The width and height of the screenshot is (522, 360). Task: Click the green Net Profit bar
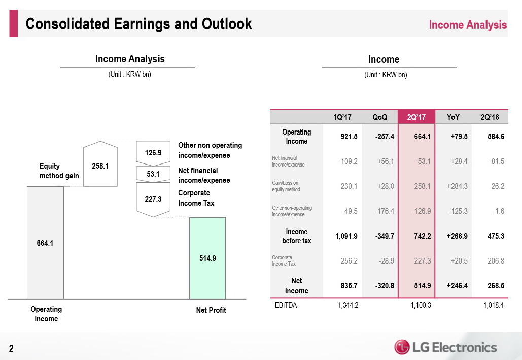click(207, 257)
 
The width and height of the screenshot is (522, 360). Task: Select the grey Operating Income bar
click(45, 243)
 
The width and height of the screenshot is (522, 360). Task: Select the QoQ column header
click(380, 117)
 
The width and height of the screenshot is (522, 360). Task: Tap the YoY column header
click(454, 117)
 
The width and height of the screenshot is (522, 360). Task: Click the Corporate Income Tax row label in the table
click(284, 261)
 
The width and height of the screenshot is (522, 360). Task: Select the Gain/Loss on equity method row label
click(286, 186)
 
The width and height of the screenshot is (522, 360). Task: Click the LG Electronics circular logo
click(403, 347)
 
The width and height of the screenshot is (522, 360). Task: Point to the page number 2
click(10, 348)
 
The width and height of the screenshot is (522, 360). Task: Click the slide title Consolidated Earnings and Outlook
click(138, 24)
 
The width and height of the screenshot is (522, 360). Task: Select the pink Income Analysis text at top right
click(467, 25)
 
